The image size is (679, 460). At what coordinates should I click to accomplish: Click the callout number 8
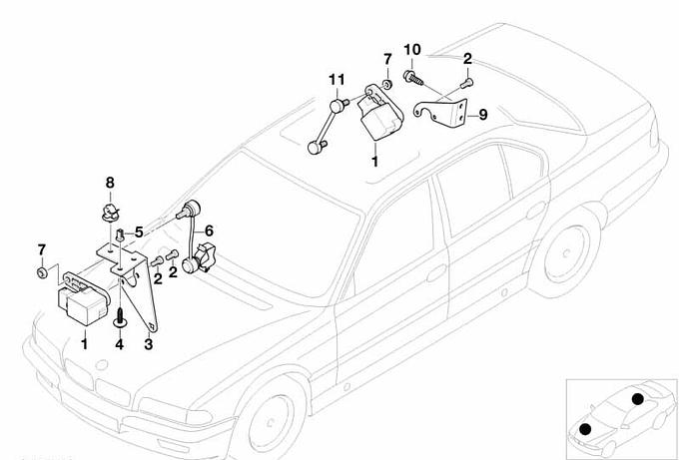111,182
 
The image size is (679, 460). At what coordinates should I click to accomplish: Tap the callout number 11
338,79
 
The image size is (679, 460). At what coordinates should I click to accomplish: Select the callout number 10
412,49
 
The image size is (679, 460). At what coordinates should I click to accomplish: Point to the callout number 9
482,115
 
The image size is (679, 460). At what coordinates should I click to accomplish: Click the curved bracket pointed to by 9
447,107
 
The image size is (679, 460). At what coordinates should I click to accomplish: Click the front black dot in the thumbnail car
585,428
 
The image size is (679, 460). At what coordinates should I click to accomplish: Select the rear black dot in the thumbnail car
636,400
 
